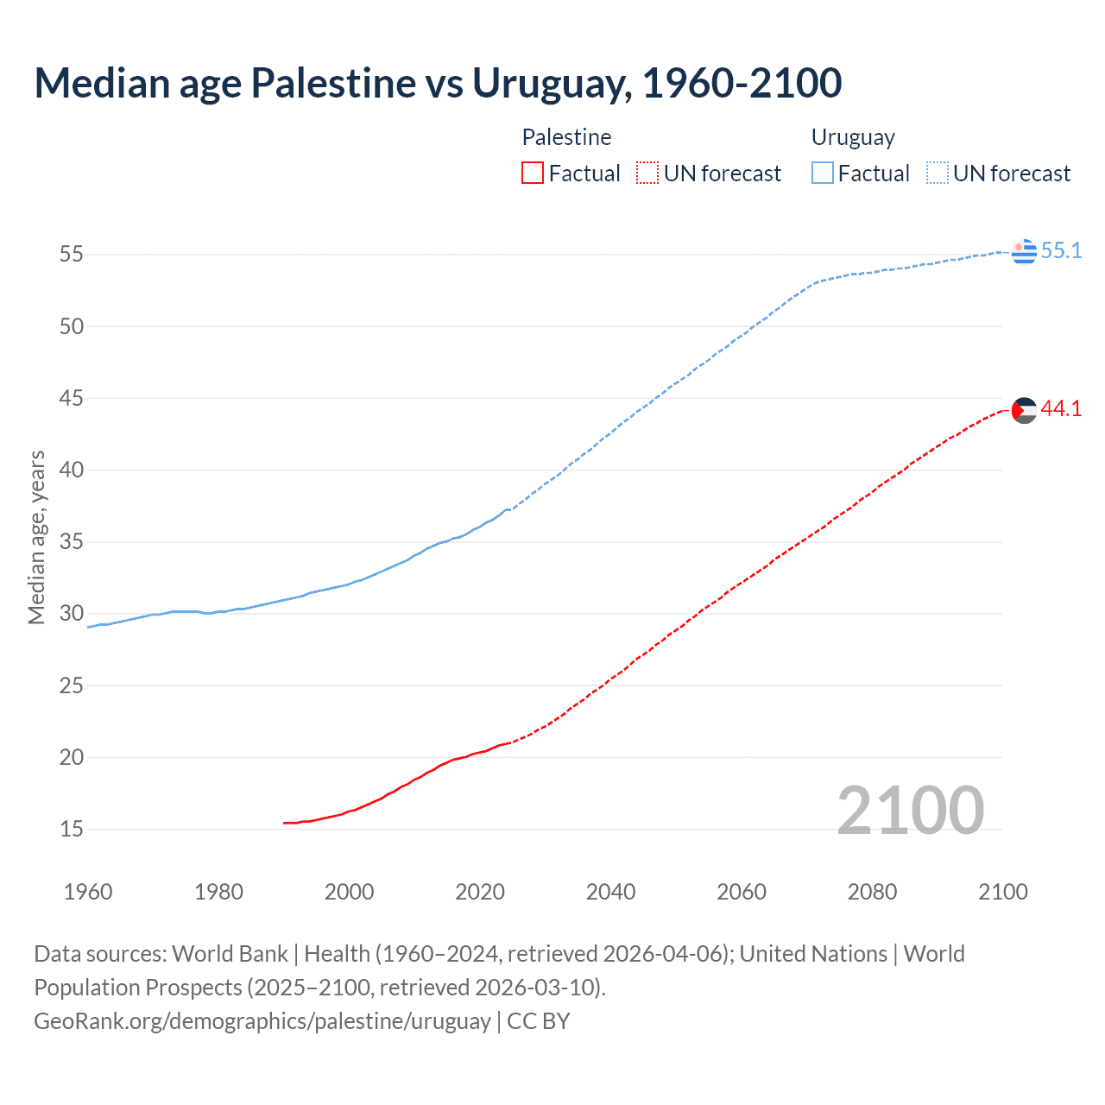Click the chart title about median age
click(438, 83)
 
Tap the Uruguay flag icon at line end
click(1024, 251)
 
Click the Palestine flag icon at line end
click(1024, 410)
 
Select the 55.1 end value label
click(1061, 251)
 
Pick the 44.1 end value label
click(1061, 409)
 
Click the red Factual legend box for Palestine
click(533, 174)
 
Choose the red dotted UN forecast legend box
click(647, 174)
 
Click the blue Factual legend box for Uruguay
click(823, 174)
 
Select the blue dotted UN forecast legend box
click(938, 174)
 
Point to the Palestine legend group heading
click(566, 137)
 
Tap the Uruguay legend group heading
click(853, 137)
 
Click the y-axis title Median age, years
click(36, 537)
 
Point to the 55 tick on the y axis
click(71, 255)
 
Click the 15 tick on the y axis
click(71, 830)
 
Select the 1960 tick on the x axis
click(88, 892)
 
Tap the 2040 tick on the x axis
click(610, 892)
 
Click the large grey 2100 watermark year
click(910, 811)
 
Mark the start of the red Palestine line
click(284, 823)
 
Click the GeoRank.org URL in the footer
click(262, 1021)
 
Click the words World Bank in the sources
click(230, 954)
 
